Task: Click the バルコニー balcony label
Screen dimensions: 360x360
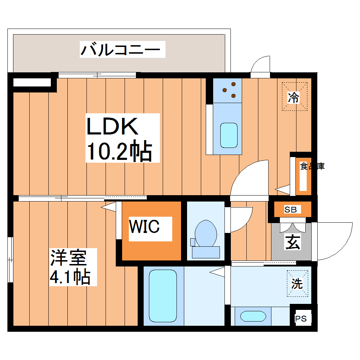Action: pyautogui.click(x=122, y=49)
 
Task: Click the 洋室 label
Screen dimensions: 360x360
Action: pyautogui.click(x=68, y=257)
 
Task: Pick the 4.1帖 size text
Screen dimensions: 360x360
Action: pyautogui.click(x=70, y=277)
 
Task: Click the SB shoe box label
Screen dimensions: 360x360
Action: pyautogui.click(x=291, y=210)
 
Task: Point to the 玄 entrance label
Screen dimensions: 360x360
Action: pyautogui.click(x=293, y=242)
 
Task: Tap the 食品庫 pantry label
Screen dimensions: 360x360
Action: pyautogui.click(x=312, y=166)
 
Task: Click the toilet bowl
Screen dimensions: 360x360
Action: pyautogui.click(x=206, y=233)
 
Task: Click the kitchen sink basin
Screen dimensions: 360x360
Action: pyautogui.click(x=228, y=135)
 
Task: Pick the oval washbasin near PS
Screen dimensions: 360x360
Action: pyautogui.click(x=253, y=316)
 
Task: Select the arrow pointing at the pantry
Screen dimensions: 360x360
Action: pyautogui.click(x=283, y=190)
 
